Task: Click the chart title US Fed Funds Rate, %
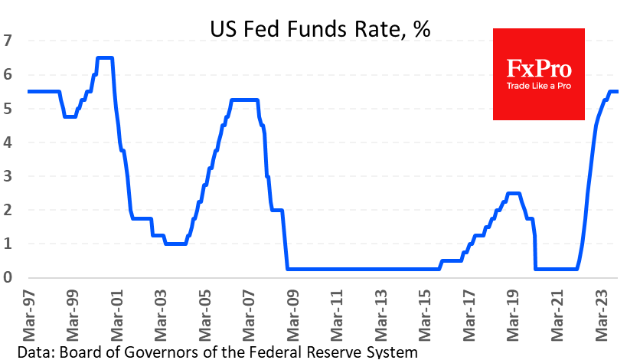point(320,30)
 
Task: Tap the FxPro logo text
point(539,69)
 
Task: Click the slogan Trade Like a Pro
point(539,86)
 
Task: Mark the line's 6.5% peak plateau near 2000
point(105,58)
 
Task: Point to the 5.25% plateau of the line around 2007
point(244,100)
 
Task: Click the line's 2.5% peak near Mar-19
point(514,193)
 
